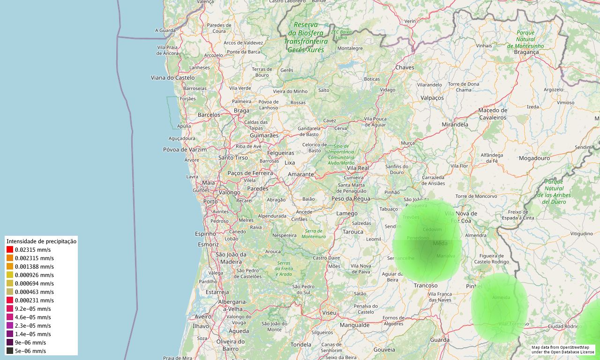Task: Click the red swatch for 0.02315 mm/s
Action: tap(10, 250)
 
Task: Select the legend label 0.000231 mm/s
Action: tap(34, 300)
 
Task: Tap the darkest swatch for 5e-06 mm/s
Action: tap(10, 351)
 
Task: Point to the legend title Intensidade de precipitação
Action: tap(41, 241)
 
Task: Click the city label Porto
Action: tap(210, 202)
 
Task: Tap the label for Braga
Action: tap(241, 111)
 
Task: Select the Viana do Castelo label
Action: tap(172, 77)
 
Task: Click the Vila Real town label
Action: tap(358, 168)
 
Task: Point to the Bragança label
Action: tap(526, 52)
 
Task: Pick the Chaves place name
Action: tap(405, 67)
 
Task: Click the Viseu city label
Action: tap(330, 312)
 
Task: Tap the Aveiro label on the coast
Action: tap(203, 316)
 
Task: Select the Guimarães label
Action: tap(264, 135)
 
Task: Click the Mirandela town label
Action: tap(455, 125)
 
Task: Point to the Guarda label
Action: tap(440, 340)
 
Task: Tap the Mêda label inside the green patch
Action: tap(440, 243)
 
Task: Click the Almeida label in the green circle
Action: tap(501, 298)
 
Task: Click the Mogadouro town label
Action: tap(534, 158)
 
